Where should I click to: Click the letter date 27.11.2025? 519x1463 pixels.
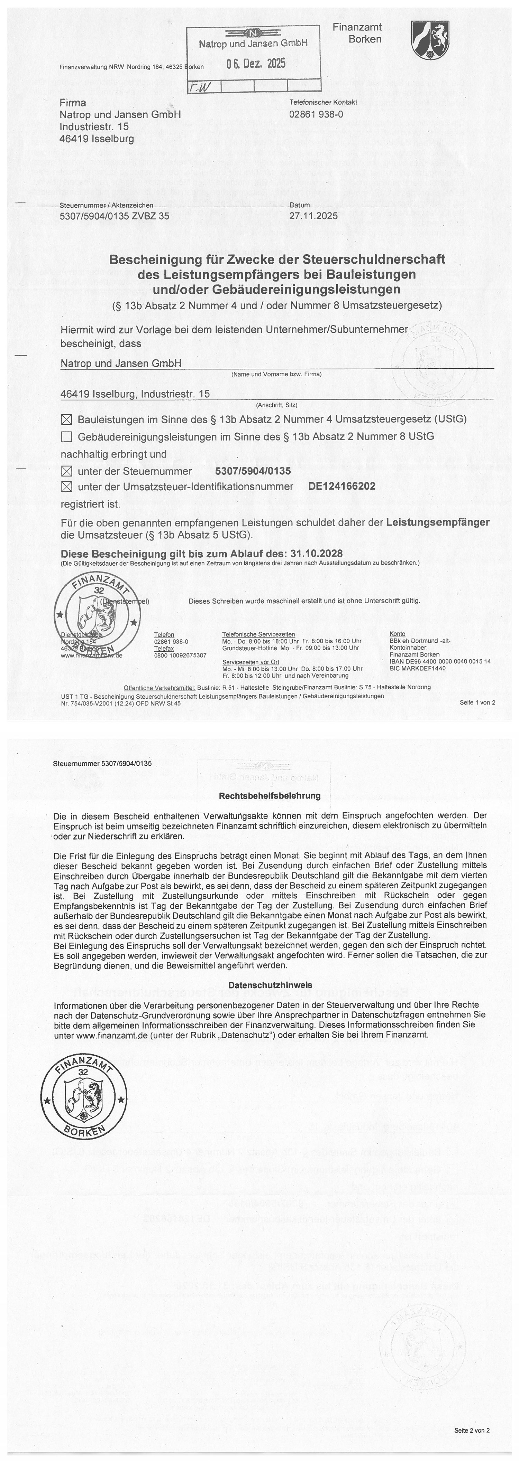click(313, 216)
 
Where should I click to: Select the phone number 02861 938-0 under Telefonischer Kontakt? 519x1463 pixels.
click(316, 114)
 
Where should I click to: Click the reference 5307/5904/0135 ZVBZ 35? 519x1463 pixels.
click(114, 216)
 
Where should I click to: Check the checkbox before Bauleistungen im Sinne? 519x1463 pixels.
click(66, 420)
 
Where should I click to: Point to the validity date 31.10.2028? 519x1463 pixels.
click(316, 553)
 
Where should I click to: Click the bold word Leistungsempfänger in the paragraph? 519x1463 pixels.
click(437, 522)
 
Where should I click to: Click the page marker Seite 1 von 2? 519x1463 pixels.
click(477, 702)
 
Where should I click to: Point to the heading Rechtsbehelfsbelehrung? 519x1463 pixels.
click(270, 796)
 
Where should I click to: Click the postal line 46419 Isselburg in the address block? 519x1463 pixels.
click(97, 139)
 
